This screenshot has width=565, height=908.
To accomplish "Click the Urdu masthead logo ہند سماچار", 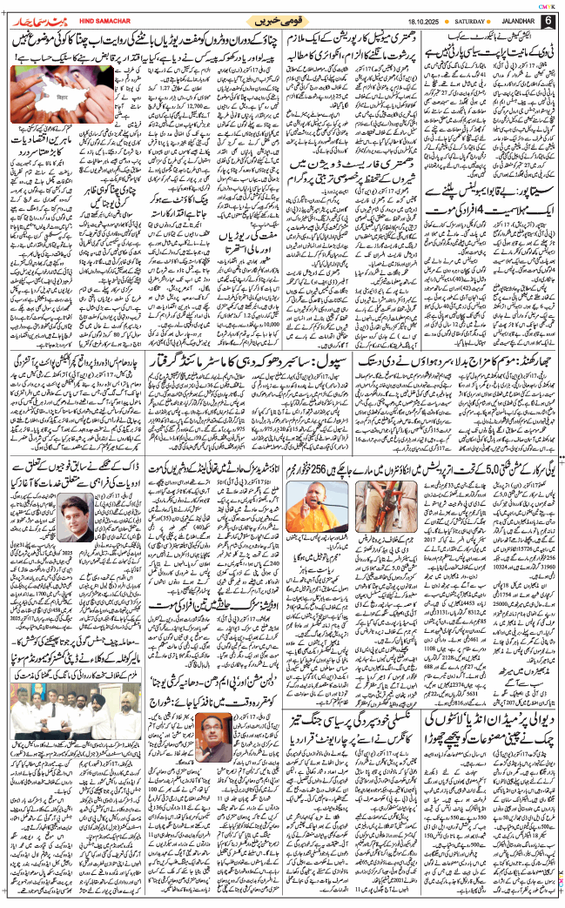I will point(31,17).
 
